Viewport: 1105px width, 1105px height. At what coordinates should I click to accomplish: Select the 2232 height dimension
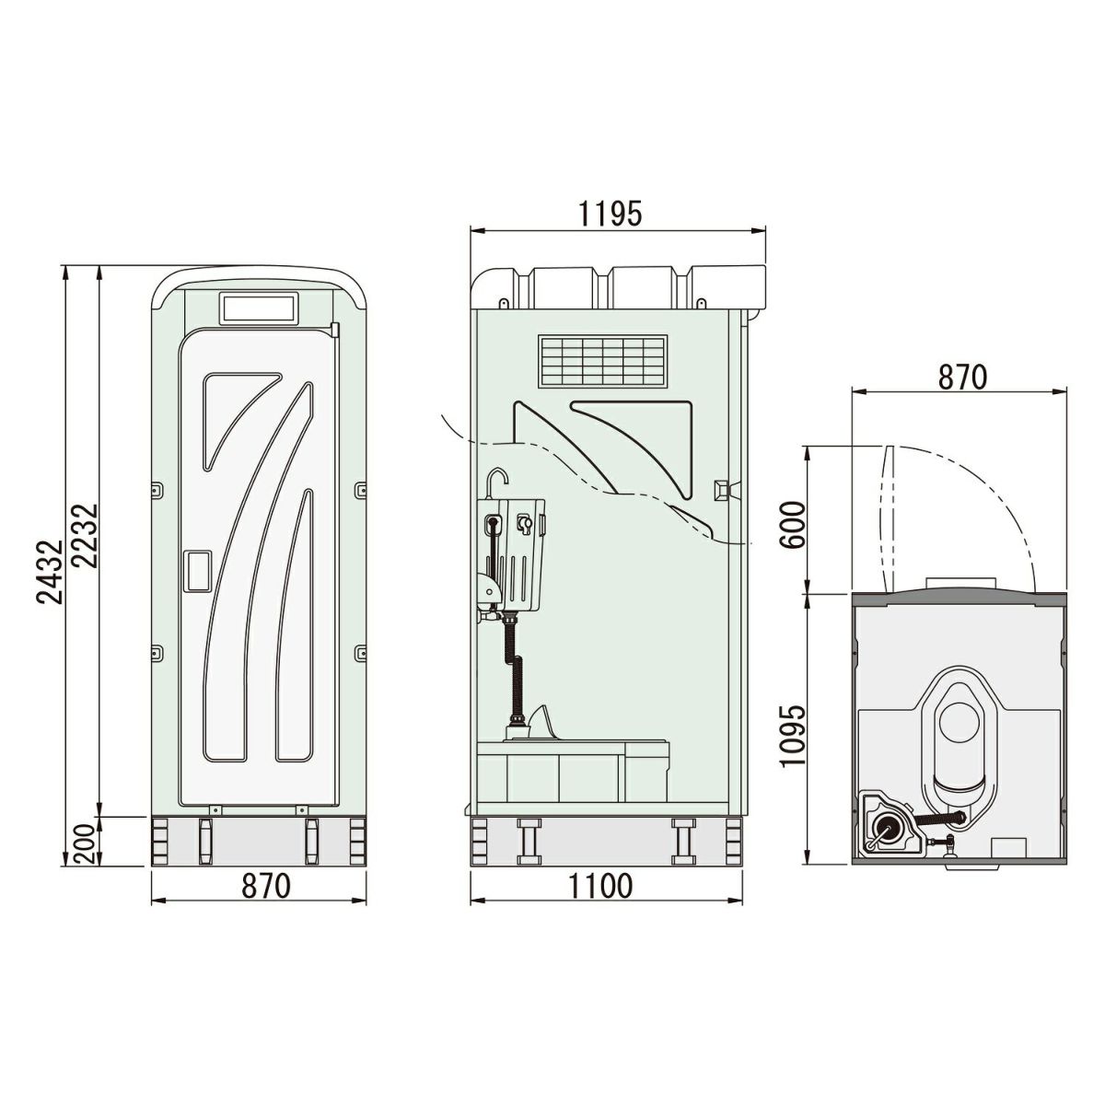(x=87, y=536)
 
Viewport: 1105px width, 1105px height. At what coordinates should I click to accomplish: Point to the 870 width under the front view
(x=266, y=886)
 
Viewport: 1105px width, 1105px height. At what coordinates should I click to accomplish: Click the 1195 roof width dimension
(x=610, y=214)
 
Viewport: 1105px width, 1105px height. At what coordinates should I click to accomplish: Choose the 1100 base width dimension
(x=600, y=886)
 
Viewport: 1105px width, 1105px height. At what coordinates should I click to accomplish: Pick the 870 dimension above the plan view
(x=963, y=377)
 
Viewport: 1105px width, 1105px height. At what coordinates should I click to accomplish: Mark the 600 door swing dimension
(x=793, y=525)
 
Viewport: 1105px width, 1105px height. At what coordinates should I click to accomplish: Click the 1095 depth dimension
(x=793, y=735)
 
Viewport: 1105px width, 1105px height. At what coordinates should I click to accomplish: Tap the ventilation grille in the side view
(x=602, y=360)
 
